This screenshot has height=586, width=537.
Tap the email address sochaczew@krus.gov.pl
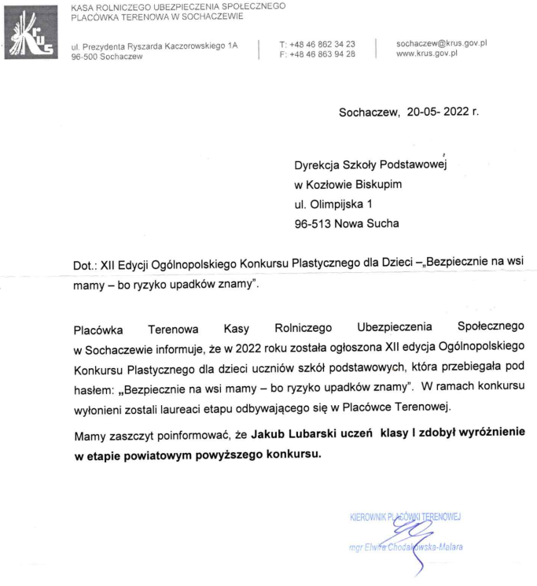(442, 43)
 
